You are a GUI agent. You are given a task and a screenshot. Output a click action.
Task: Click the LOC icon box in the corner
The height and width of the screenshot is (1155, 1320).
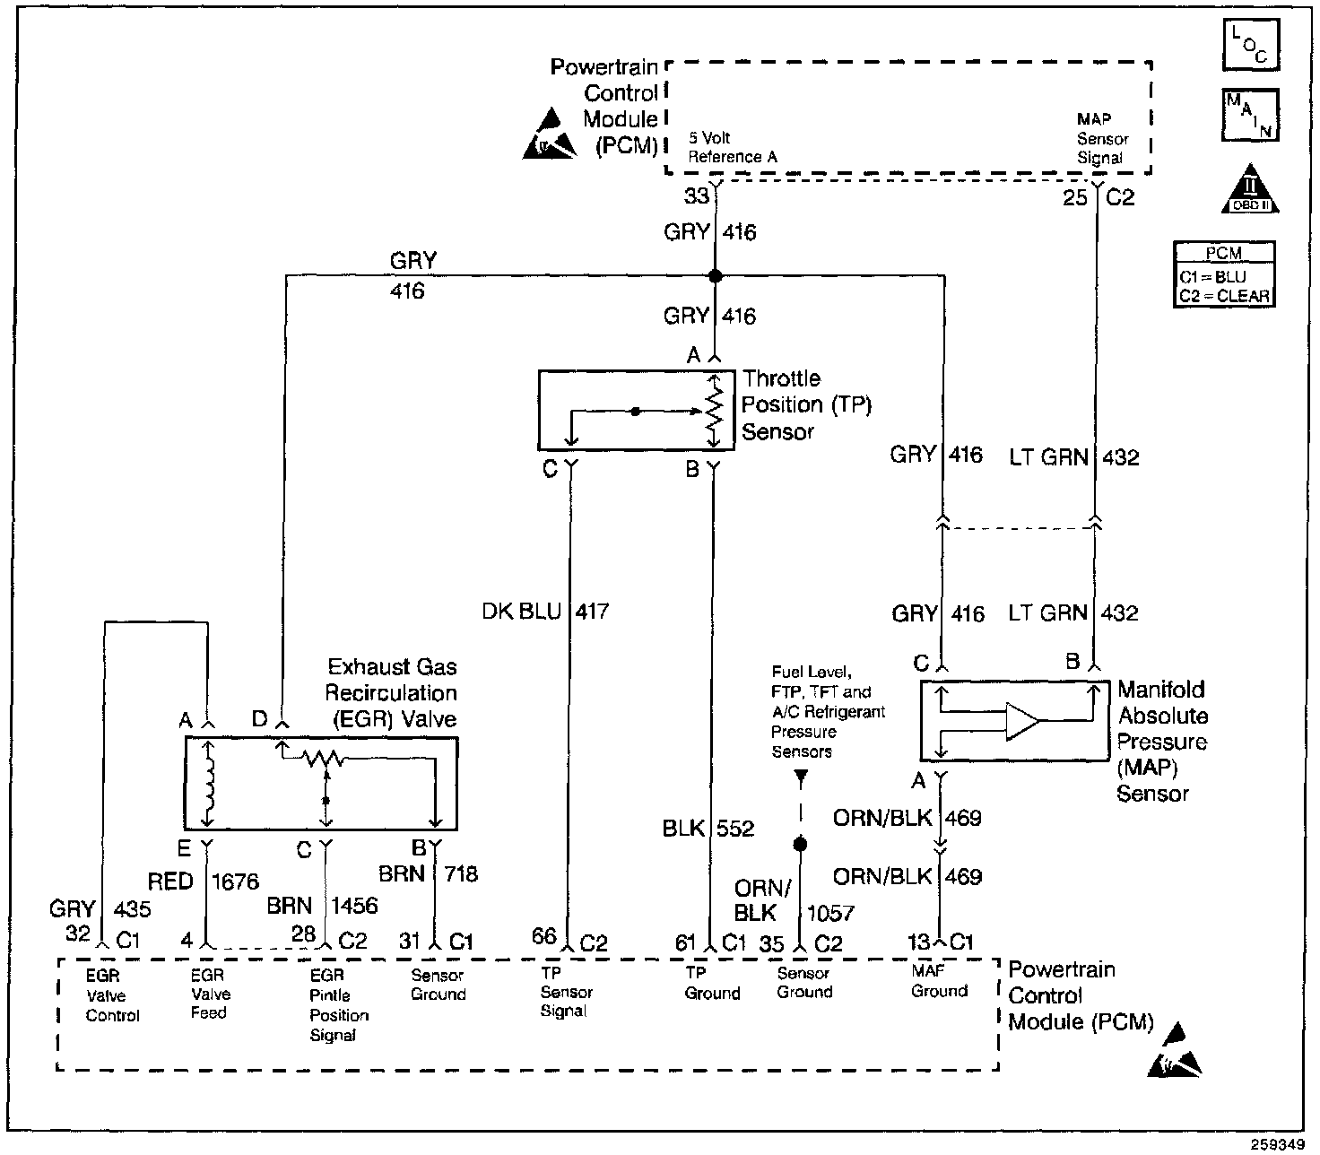pos(1250,45)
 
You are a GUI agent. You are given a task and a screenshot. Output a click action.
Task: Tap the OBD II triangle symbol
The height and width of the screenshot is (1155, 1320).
pos(1250,190)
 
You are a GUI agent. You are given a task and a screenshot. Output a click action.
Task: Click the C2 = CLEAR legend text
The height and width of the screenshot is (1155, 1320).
pos(1225,296)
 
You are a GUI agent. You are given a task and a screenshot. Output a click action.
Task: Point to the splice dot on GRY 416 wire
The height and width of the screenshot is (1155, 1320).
pos(715,276)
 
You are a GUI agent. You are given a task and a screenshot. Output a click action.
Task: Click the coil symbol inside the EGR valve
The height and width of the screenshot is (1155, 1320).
pos(209,783)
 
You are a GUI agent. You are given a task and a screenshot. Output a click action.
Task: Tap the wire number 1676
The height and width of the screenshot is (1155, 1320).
pos(235,881)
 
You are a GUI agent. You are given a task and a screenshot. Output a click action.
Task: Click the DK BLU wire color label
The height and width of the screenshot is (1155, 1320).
pos(521,612)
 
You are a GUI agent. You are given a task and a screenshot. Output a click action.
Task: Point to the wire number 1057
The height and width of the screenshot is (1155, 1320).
pos(829,913)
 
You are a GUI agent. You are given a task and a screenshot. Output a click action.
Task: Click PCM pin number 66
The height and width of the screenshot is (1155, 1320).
pos(544,936)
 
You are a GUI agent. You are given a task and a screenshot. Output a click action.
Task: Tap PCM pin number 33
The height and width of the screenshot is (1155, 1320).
pos(697,195)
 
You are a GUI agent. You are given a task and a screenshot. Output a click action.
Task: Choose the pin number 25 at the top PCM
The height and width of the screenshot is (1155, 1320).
pos(1075,197)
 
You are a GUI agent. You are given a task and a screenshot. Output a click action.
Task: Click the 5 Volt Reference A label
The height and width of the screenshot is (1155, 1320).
pos(733,148)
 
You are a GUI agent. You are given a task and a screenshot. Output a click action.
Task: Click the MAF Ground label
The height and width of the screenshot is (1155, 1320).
pos(939,981)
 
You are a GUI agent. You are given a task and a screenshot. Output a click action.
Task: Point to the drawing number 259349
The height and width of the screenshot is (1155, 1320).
pos(1283,1144)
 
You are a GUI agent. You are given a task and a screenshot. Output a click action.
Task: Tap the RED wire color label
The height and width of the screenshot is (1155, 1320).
pos(170,881)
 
